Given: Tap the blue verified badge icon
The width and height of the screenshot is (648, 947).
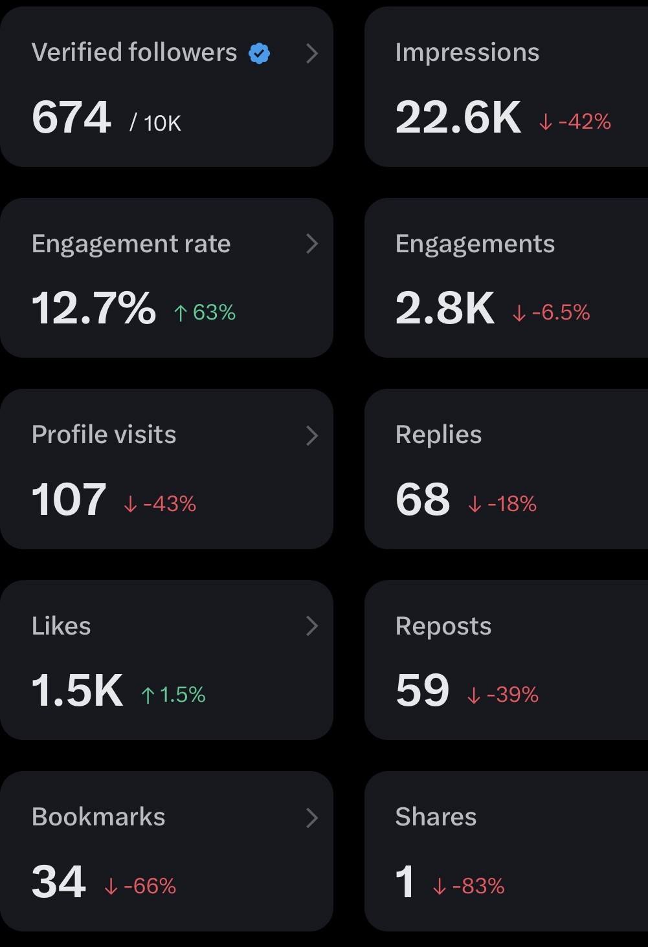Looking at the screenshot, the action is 259,54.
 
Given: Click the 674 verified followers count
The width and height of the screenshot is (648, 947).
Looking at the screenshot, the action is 71,117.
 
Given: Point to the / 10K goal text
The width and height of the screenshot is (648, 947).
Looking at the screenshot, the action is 155,124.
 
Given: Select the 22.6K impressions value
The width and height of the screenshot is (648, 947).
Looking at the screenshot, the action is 458,117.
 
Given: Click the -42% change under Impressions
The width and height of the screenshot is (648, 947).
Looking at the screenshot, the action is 575,122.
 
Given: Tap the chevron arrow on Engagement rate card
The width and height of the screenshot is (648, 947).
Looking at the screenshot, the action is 312,244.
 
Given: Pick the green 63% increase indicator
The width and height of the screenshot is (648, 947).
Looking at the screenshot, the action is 205,312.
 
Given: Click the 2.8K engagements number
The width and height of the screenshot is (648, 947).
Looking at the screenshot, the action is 445,308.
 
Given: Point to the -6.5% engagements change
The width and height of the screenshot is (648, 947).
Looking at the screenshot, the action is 551,312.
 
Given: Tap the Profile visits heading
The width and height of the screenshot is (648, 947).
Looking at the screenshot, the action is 104,435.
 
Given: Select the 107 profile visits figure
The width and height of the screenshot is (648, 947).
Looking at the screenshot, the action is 69,499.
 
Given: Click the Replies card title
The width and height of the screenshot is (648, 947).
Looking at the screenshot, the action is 439,435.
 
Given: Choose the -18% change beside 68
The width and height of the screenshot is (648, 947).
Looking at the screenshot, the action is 502,503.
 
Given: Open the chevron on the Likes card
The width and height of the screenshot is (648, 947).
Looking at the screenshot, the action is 312,626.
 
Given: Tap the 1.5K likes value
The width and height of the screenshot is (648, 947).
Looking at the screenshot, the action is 78,690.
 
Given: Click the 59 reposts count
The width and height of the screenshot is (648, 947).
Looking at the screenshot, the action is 422,690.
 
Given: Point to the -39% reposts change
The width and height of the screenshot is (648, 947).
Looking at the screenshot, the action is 503,695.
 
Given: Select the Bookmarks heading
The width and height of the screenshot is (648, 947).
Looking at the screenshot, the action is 98,817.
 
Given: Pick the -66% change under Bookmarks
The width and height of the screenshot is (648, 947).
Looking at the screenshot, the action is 140,886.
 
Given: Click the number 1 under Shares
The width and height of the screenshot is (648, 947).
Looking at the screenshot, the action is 405,882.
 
